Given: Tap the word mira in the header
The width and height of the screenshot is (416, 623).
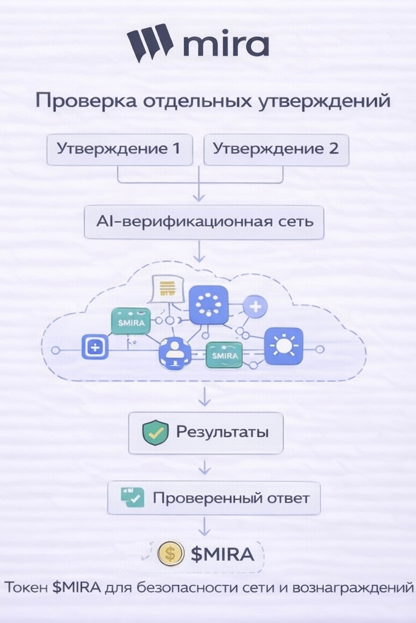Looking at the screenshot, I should (x=225, y=45).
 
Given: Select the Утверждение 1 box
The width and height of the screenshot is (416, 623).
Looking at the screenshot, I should (x=119, y=149).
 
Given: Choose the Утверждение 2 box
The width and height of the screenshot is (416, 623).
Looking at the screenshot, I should (x=276, y=149).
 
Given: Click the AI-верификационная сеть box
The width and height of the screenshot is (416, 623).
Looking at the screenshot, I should (x=205, y=221).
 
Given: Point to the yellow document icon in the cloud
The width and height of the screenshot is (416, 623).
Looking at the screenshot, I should (x=166, y=288).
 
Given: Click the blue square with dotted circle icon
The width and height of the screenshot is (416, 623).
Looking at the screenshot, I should (x=208, y=305).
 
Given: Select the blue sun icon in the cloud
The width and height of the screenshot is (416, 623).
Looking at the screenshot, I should (x=283, y=346).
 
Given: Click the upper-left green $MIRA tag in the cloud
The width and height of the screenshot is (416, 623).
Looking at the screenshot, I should (x=130, y=321).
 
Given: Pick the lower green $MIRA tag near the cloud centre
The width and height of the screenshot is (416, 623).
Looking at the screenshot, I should (x=224, y=354).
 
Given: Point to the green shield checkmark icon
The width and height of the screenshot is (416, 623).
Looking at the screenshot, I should (x=155, y=433).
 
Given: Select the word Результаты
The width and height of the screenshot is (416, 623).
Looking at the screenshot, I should (x=222, y=432).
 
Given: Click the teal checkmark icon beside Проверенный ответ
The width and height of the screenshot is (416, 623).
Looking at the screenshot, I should (x=132, y=498).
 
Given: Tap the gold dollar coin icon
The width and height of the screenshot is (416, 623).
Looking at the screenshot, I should (x=171, y=554).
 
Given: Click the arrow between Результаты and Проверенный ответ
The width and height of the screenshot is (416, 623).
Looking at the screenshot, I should (x=205, y=467).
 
